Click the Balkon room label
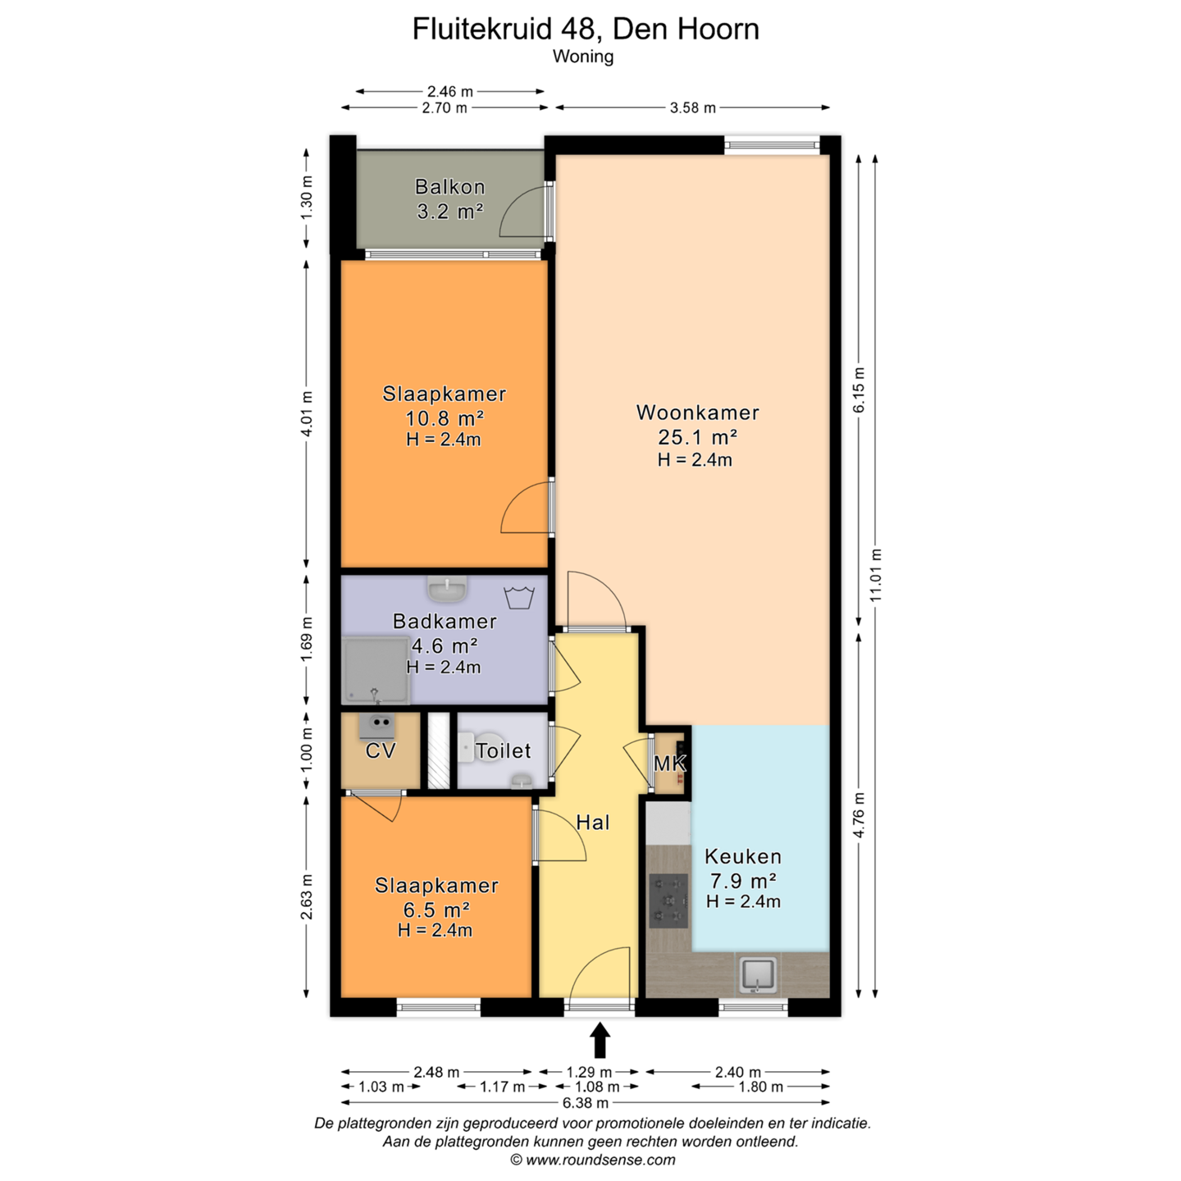450,186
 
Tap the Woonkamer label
697,413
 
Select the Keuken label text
743,856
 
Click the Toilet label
504,750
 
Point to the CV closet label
381,750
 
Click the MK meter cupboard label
670,764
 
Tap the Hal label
593,823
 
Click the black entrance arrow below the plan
600,1039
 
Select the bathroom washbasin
448,589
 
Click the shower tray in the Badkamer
376,670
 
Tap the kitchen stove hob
668,901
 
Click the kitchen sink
758,975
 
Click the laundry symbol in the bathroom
519,597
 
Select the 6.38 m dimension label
586,1103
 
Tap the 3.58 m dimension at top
692,108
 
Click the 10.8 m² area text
445,418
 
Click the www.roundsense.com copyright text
593,1160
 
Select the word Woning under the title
583,57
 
